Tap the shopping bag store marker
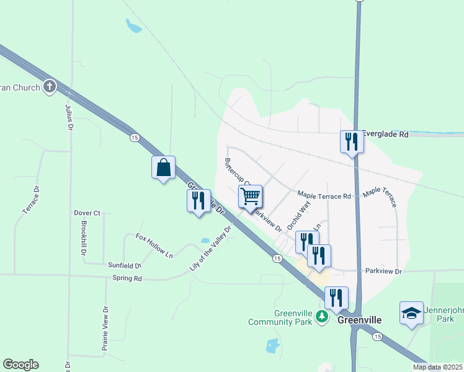point(163,167)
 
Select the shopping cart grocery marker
point(250,197)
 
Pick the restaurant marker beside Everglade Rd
point(352,141)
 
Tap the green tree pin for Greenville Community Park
point(321,317)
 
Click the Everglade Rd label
point(386,134)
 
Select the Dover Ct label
point(87,213)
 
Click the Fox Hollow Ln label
point(154,244)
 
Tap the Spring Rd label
point(127,278)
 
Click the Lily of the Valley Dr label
point(210,250)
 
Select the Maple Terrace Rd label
point(324,196)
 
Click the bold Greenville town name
point(359,320)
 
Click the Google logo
point(20,365)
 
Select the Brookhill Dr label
point(83,237)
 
